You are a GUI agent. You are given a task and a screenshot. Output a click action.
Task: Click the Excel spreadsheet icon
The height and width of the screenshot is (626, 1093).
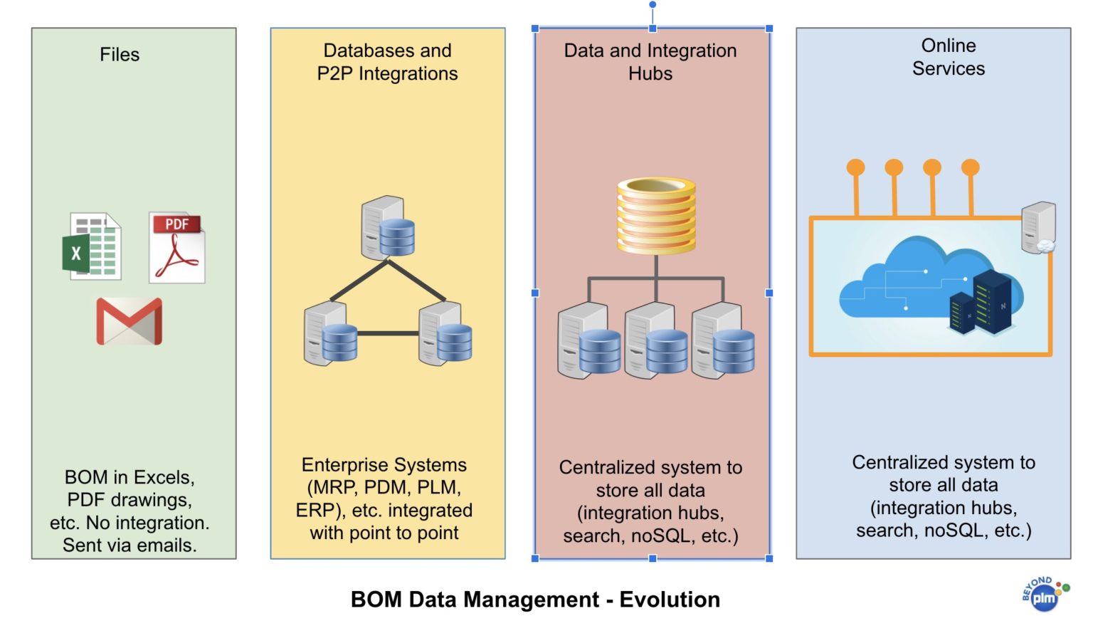click(92, 246)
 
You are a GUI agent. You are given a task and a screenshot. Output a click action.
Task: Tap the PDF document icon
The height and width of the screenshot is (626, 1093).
click(177, 248)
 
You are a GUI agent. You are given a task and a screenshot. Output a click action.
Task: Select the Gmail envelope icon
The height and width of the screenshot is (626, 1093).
click(130, 321)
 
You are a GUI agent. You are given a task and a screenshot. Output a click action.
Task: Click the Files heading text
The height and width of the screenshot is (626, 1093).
click(120, 55)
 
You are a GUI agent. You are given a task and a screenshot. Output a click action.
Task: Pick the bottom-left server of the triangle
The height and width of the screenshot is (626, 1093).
click(330, 334)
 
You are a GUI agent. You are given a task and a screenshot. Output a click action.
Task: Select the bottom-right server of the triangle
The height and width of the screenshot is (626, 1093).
click(445, 334)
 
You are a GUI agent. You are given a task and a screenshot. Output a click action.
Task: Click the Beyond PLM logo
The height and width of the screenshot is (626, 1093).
click(1044, 594)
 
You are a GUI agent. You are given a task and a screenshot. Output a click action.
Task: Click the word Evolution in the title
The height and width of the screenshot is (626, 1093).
click(670, 600)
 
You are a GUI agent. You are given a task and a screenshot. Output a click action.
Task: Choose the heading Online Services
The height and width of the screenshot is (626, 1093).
click(949, 57)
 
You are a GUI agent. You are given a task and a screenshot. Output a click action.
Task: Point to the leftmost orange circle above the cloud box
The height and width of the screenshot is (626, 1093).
click(856, 167)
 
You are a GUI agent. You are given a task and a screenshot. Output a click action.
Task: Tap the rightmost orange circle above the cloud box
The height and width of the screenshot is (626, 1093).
click(971, 167)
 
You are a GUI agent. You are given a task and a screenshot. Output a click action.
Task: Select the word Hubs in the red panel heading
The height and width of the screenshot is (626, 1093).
click(650, 73)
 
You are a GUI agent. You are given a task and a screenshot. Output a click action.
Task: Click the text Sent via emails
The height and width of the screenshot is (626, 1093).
click(130, 546)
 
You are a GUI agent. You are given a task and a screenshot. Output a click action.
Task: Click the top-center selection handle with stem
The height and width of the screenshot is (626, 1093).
click(653, 6)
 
